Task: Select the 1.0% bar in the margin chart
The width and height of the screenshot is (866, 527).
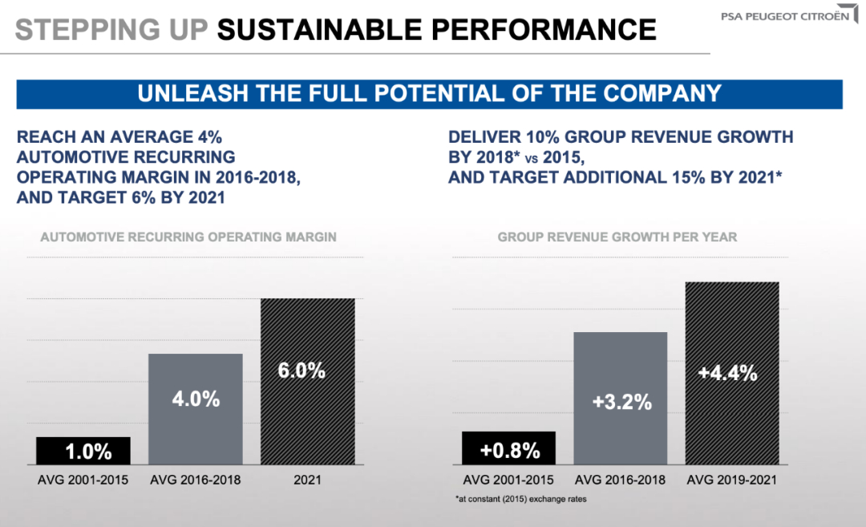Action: pyautogui.click(x=83, y=451)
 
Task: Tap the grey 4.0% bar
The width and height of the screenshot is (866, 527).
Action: pyautogui.click(x=196, y=409)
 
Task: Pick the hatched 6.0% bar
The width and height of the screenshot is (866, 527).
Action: pyautogui.click(x=308, y=381)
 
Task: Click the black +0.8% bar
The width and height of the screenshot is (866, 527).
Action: pyautogui.click(x=508, y=448)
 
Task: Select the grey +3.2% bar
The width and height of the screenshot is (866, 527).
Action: pyautogui.click(x=621, y=398)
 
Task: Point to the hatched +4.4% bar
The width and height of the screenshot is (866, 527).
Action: pyautogui.click(x=732, y=373)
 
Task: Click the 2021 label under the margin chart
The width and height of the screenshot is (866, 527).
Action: pyautogui.click(x=307, y=480)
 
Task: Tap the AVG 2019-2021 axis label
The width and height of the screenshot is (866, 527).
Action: pyautogui.click(x=732, y=480)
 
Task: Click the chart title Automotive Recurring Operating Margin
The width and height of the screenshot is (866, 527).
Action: pyautogui.click(x=188, y=237)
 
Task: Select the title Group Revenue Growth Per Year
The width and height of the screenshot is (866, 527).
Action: pyautogui.click(x=617, y=237)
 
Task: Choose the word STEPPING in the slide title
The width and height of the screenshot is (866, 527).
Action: pyautogui.click(x=76, y=29)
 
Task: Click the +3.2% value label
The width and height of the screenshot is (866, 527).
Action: pyautogui.click(x=621, y=402)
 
